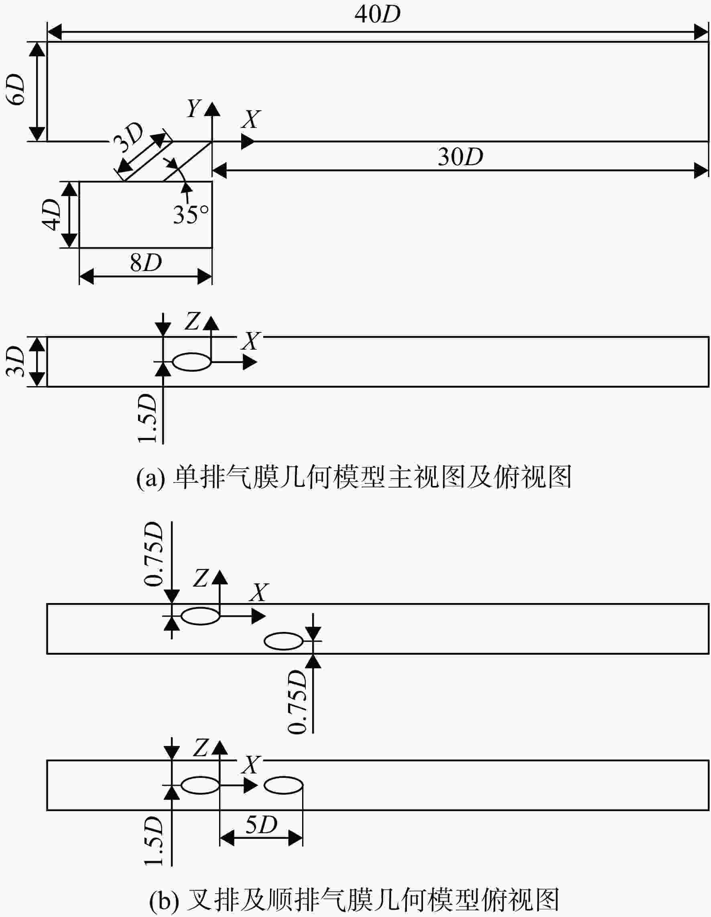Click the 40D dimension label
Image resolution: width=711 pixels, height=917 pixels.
(377, 15)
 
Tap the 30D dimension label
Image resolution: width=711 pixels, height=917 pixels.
(460, 157)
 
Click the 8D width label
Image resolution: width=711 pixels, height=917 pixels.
(146, 263)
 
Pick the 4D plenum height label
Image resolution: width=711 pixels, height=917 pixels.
(52, 215)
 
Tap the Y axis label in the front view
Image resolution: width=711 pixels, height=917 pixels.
(194, 109)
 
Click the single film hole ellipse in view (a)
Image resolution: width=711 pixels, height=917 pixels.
(192, 362)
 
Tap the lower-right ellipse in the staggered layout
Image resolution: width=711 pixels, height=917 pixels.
(284, 641)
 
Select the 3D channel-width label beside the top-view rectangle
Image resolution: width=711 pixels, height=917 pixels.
(16, 361)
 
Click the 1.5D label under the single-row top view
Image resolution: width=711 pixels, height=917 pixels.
(147, 419)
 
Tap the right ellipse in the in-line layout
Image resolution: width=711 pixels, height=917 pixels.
(284, 785)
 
